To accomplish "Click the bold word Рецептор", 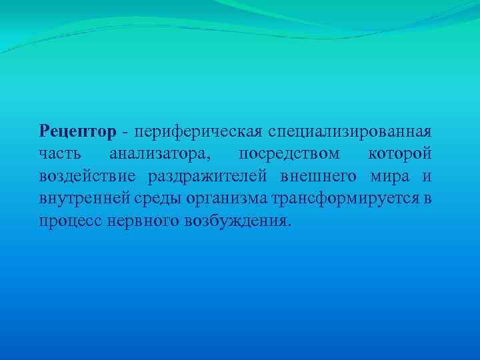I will tap(77, 132).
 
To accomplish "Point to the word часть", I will tap(59, 154).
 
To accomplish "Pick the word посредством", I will tap(289, 154).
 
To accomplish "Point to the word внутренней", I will tap(79, 198).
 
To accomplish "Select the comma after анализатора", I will tap(211, 158).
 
